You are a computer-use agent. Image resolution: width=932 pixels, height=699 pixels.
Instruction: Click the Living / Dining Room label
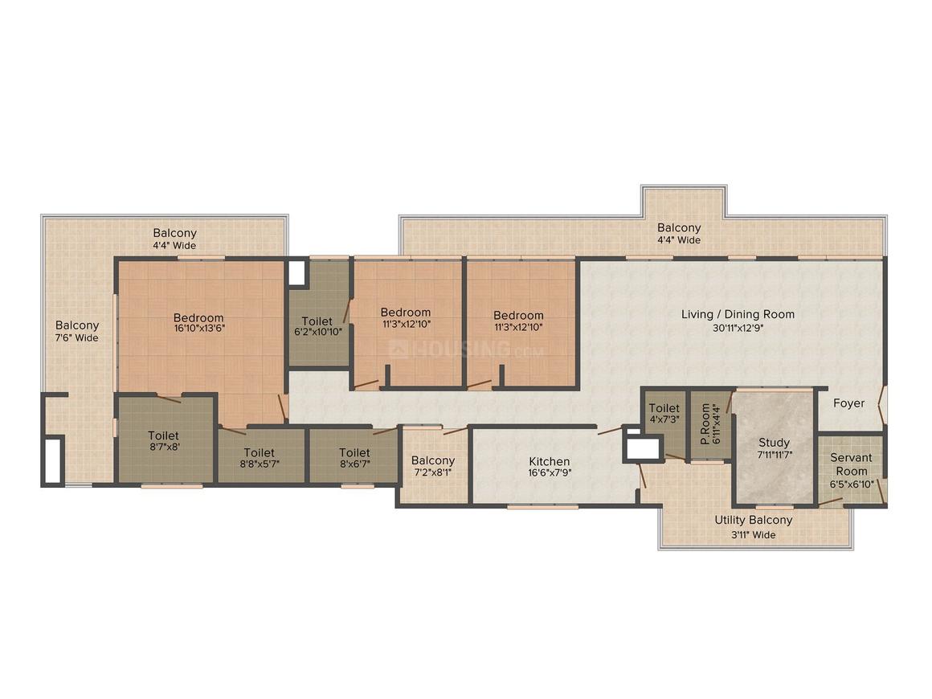738,314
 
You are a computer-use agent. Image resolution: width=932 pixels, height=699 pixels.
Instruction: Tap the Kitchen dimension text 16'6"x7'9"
550,473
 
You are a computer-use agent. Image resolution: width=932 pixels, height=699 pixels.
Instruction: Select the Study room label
774,442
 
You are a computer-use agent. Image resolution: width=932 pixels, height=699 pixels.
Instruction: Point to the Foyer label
848,403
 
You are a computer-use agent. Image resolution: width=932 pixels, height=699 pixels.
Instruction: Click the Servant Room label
851,464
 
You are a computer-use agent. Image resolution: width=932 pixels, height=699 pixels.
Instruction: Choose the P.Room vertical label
705,423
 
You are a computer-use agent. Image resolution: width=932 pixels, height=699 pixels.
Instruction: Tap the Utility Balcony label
753,520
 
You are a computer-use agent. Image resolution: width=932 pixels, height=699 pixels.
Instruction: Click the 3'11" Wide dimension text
753,534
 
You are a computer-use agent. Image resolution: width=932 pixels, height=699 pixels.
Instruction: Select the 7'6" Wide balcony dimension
76,337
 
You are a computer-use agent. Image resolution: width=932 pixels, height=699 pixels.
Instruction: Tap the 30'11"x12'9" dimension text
738,328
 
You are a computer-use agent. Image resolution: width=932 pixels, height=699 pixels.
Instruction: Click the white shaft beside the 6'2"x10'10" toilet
296,272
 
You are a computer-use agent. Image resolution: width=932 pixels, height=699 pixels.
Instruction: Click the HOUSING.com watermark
466,349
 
